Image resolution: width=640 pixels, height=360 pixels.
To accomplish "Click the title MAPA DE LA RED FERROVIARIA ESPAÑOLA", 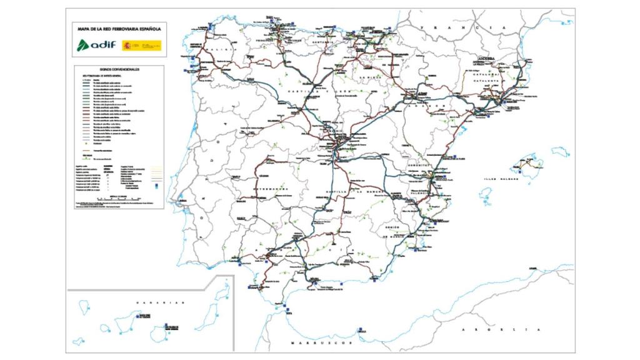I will click(x=119, y=28).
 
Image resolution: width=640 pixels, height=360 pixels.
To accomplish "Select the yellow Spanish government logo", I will click(x=141, y=45).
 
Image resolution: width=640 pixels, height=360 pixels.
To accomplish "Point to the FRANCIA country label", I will click(x=464, y=28).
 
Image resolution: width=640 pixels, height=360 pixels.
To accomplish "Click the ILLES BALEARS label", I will click(x=499, y=179).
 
